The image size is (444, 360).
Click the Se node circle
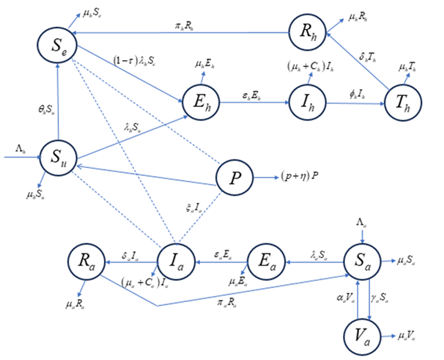tap(58, 45)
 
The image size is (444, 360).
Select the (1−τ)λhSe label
tap(133, 59)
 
